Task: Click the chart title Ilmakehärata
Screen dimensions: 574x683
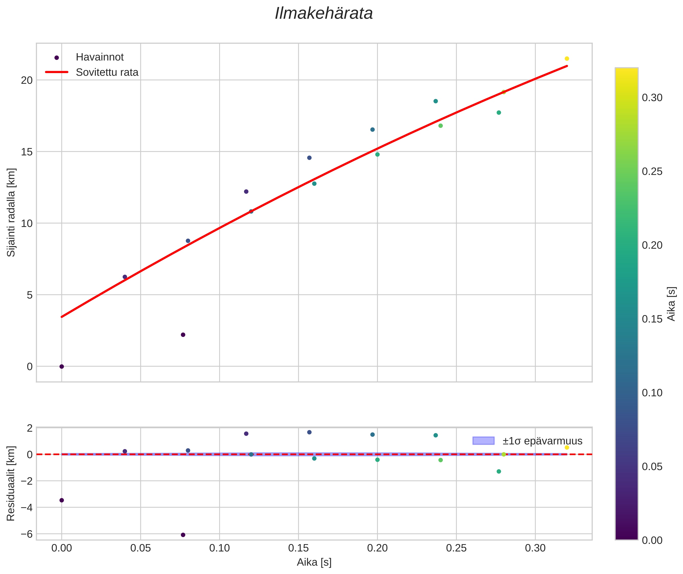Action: [x=323, y=14]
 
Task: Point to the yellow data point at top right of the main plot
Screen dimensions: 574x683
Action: [x=566, y=59]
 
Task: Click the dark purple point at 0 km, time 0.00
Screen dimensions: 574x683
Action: [x=62, y=366]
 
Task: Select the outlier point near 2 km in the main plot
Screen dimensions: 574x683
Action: [x=183, y=335]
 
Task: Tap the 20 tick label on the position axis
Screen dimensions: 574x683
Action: [x=27, y=80]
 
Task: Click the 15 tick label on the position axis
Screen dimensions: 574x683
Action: [x=27, y=152]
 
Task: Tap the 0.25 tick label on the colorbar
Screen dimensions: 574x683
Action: [x=652, y=171]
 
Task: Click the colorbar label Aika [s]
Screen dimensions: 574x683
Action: [x=671, y=304]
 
